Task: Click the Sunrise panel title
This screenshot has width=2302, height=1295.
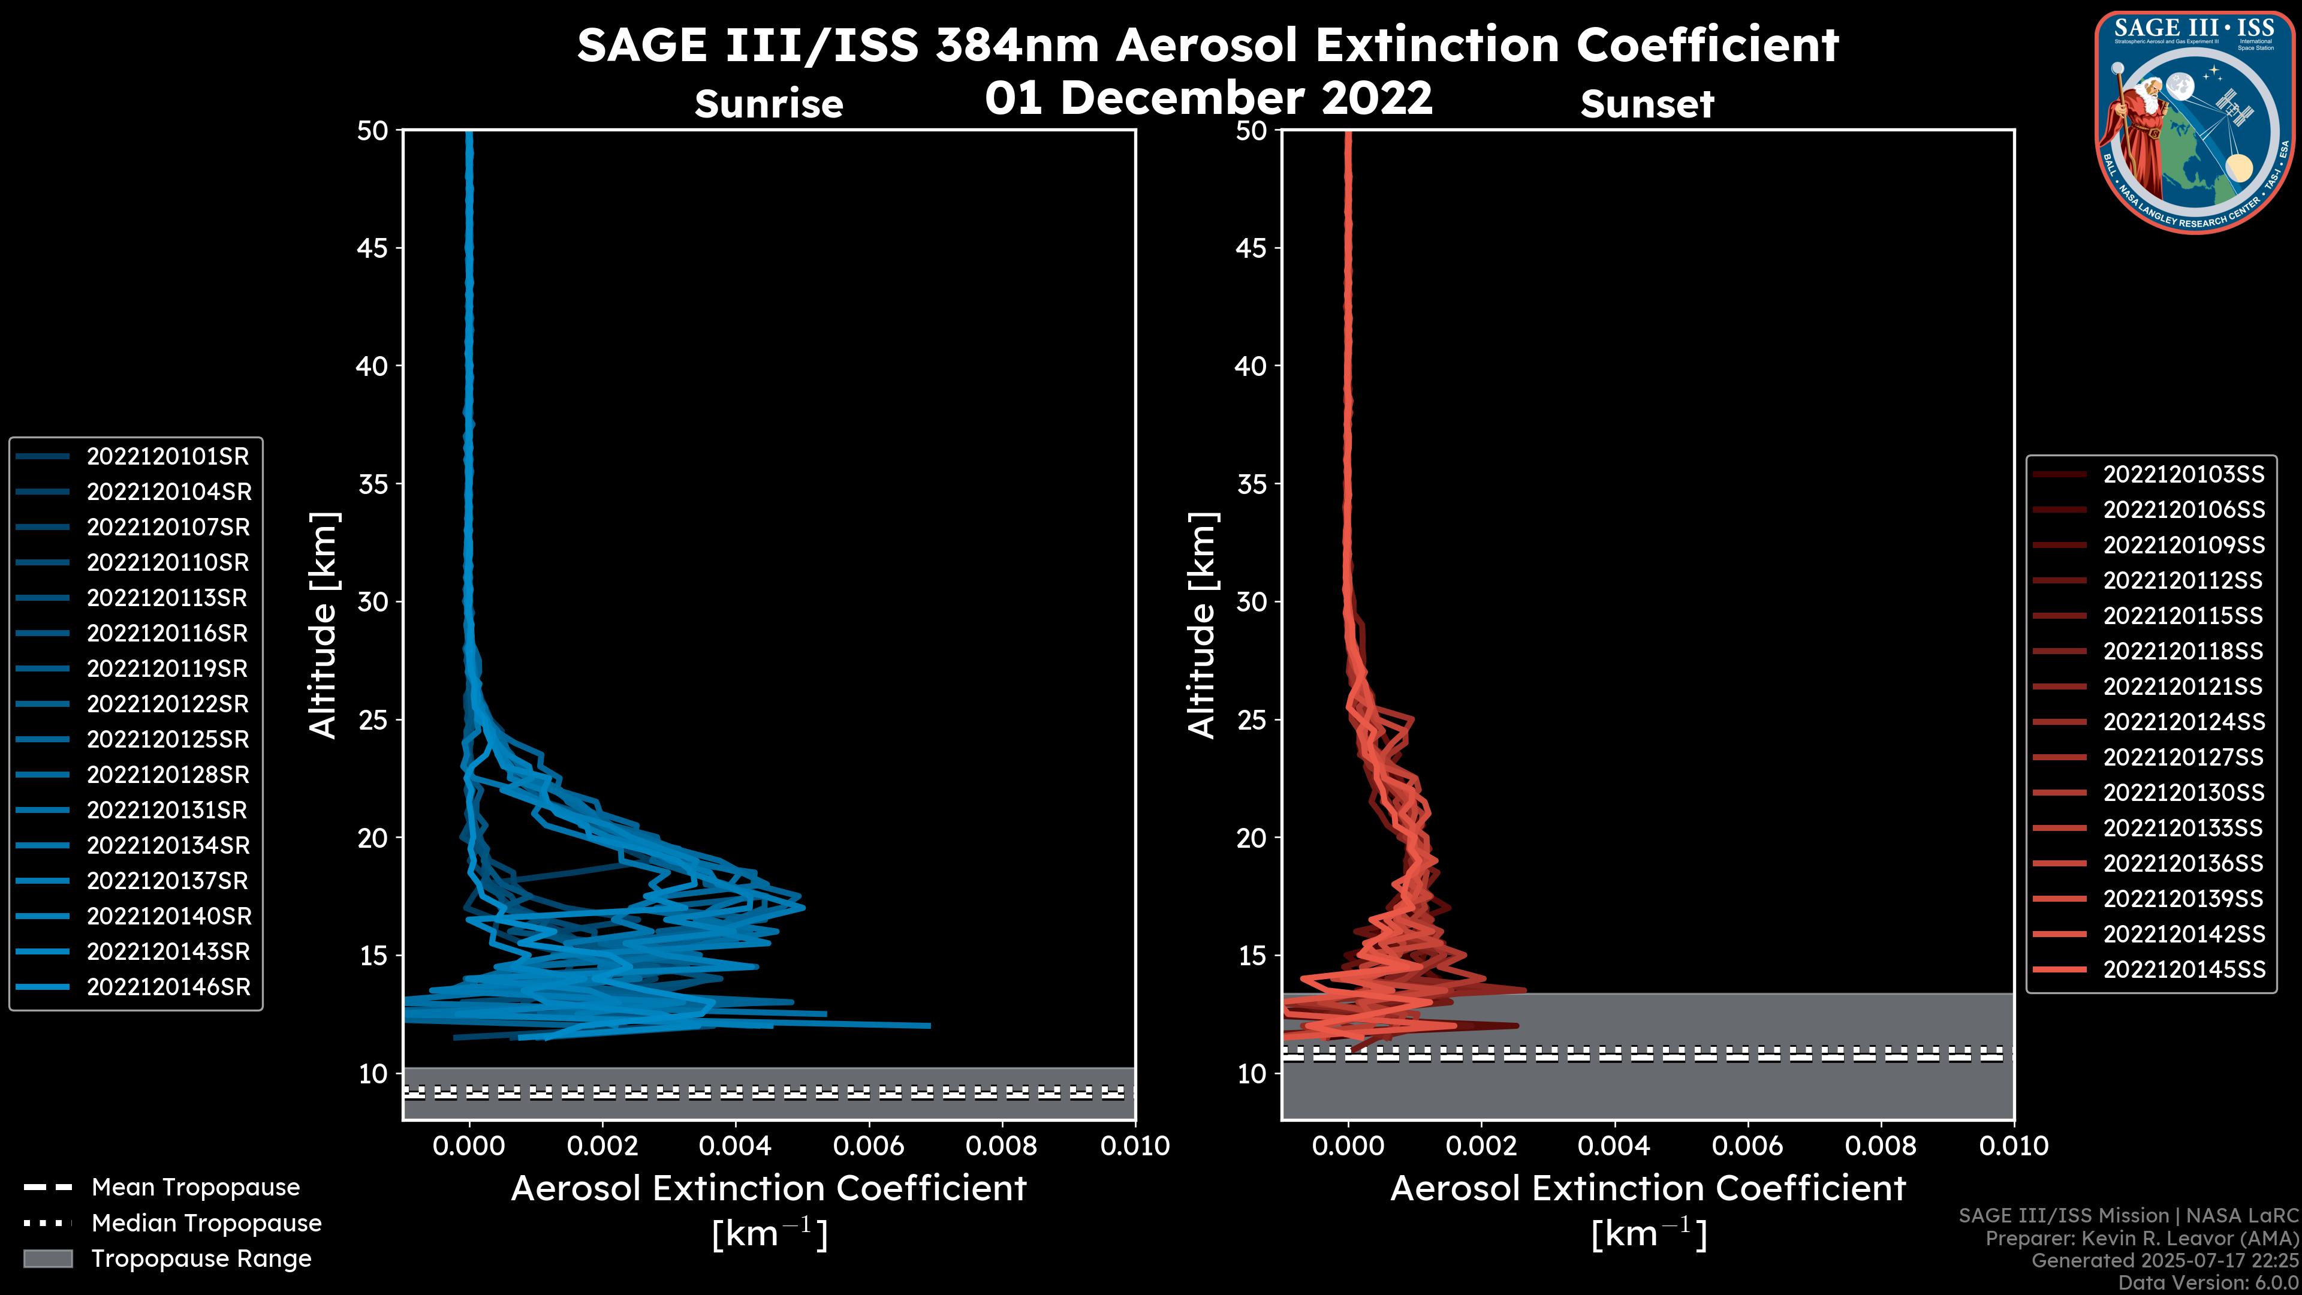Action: point(769,104)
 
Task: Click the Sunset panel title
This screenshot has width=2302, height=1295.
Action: point(1647,104)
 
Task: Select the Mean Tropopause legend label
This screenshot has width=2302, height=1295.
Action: point(195,1188)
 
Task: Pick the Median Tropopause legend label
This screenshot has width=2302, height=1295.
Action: point(206,1224)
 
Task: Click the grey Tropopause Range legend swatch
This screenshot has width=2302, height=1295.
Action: point(48,1259)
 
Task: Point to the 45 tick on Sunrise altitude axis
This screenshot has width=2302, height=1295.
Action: point(373,248)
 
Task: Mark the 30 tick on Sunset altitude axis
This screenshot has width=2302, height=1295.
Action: point(1251,603)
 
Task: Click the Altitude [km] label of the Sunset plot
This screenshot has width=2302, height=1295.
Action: point(1203,625)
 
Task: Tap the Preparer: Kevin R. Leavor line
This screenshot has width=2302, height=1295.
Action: point(2142,1239)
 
